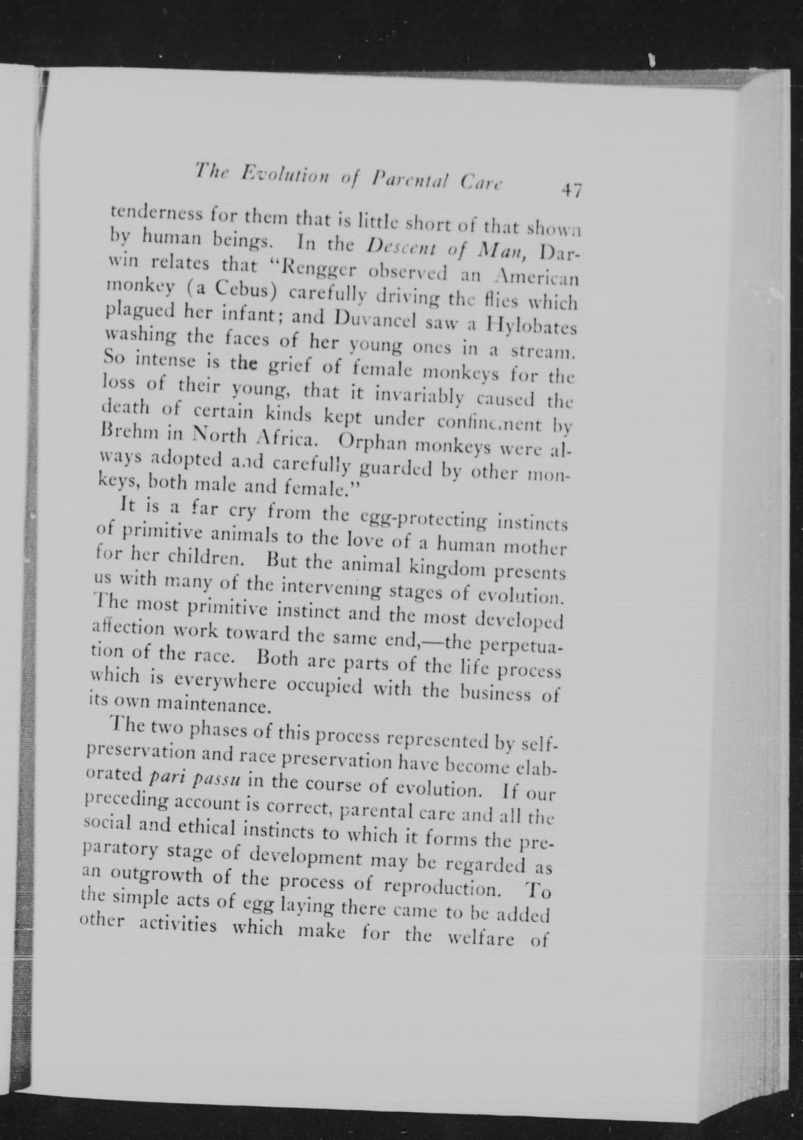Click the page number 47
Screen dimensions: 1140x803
pos(571,191)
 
